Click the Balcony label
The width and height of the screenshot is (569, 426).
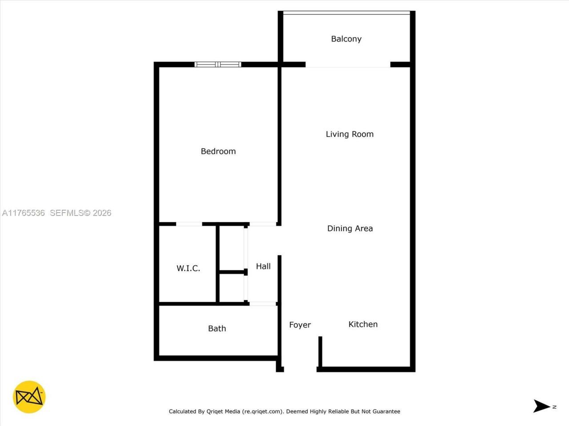[x=346, y=39]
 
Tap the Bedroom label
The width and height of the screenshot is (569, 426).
[x=218, y=151]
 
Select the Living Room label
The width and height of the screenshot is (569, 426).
[x=349, y=134]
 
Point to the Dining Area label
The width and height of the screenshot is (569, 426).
[x=350, y=229]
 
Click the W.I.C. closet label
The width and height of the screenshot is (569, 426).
[x=188, y=268]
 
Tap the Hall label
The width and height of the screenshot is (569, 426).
[x=263, y=266]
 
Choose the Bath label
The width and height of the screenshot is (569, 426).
[x=217, y=328]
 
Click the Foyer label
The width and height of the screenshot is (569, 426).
[x=300, y=325]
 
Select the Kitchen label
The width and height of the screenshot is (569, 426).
[x=363, y=324]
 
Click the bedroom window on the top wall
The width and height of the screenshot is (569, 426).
[x=218, y=65]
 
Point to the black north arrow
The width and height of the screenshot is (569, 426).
[x=542, y=406]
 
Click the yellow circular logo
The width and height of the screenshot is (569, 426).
[x=29, y=397]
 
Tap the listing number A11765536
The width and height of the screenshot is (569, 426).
[x=24, y=213]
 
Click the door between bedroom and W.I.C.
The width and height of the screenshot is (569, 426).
[x=189, y=224]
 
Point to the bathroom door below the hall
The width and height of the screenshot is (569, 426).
[x=263, y=304]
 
